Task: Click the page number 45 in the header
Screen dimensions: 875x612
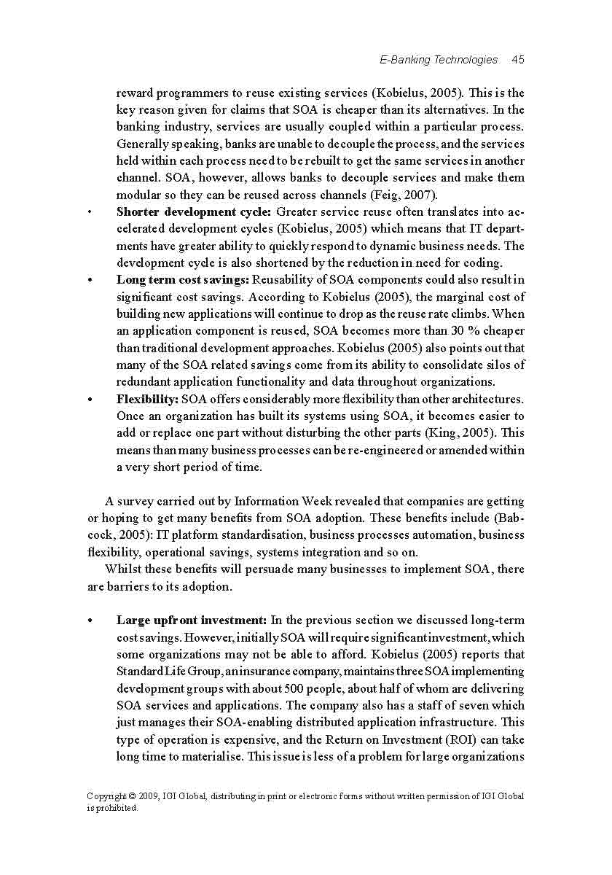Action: click(x=518, y=60)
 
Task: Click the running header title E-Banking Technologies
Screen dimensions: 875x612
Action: click(x=439, y=60)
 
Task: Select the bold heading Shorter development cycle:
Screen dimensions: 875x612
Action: click(x=194, y=212)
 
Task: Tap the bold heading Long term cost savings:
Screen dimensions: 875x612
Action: click(x=183, y=280)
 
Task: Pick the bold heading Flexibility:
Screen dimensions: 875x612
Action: click(x=147, y=399)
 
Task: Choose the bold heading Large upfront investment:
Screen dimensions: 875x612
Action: click(x=192, y=621)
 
